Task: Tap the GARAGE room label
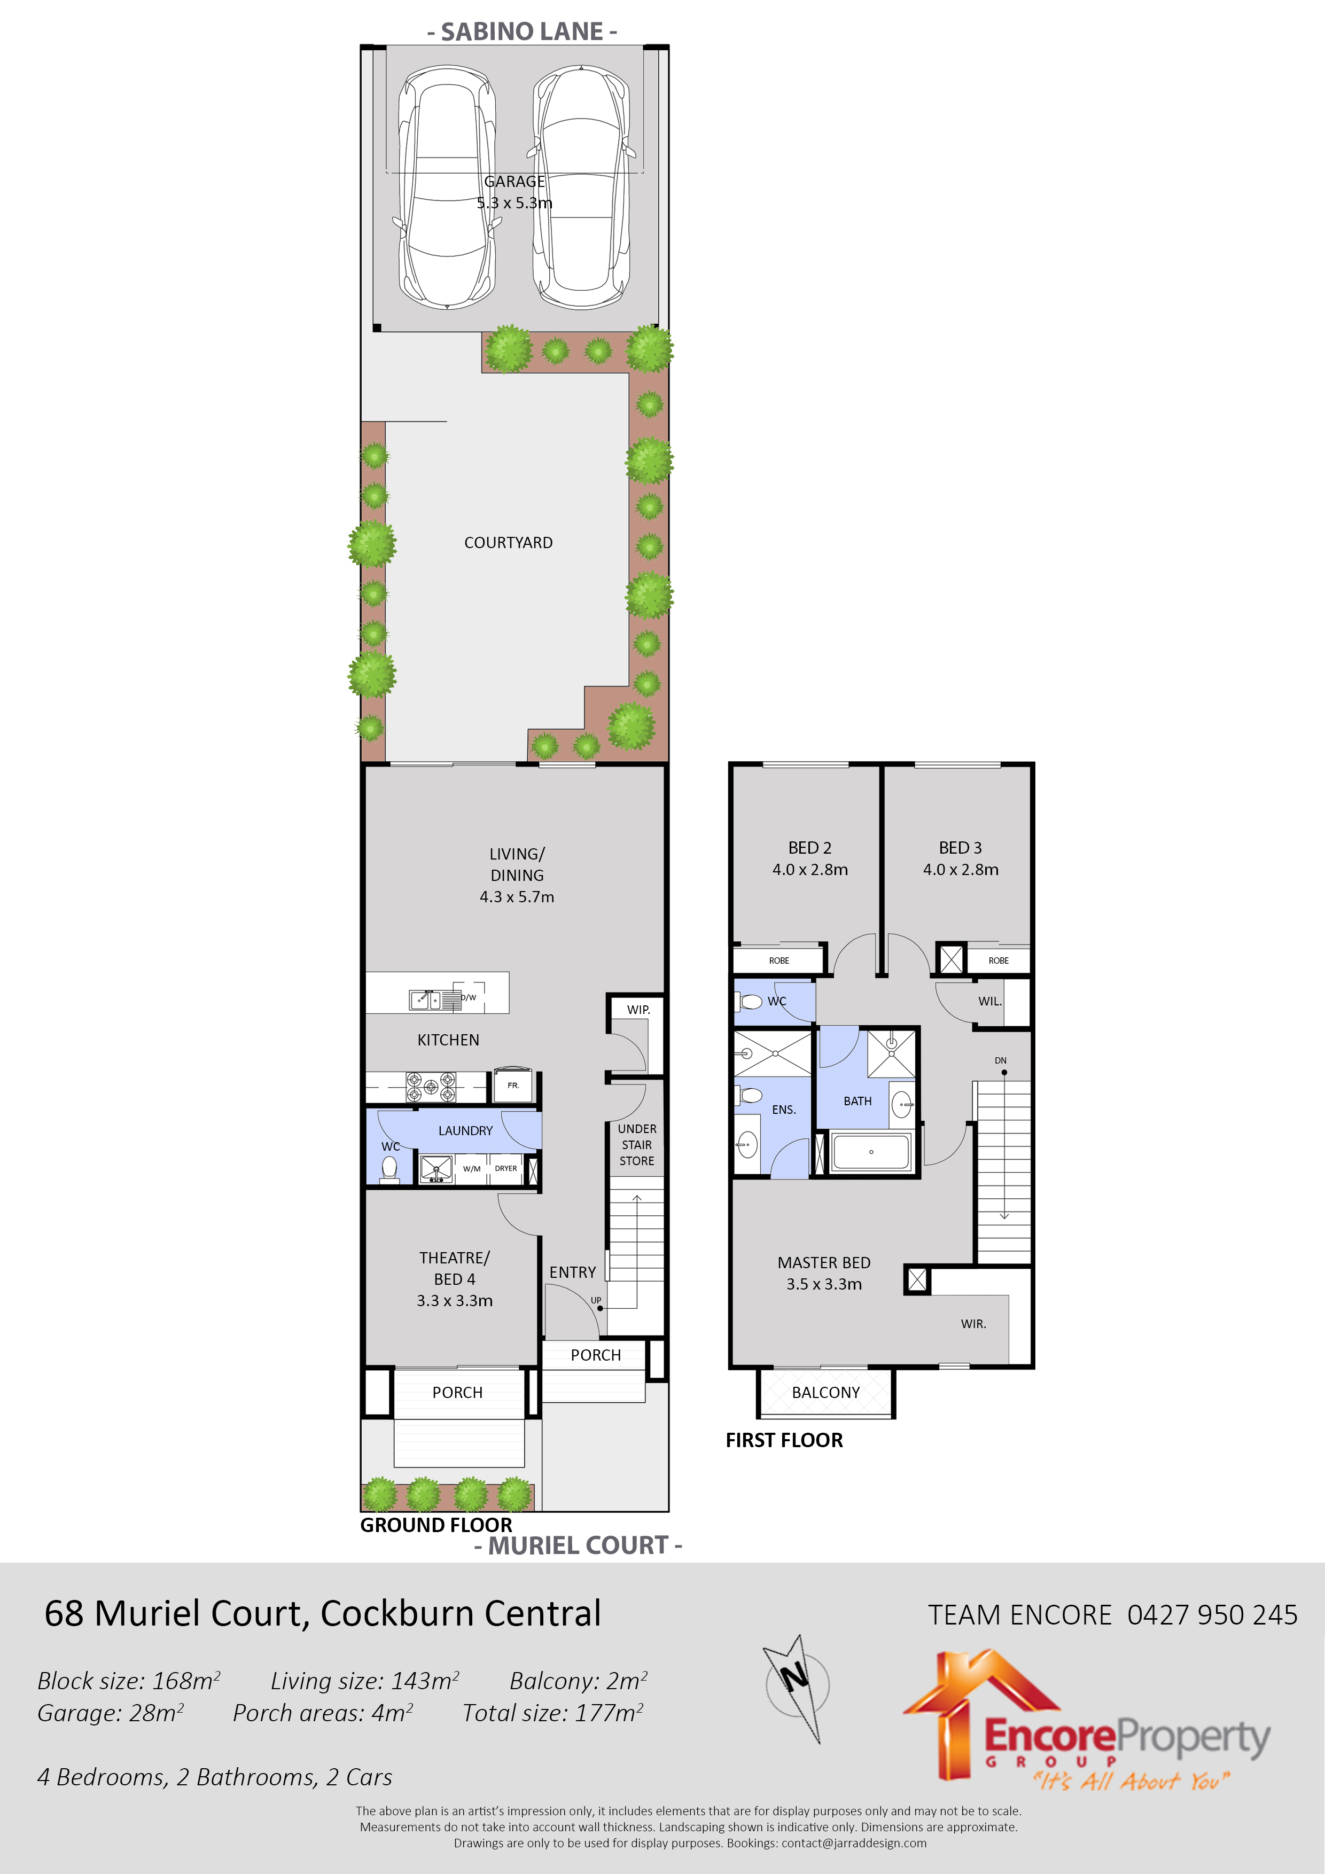click(515, 181)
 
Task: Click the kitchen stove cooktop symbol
click(431, 1087)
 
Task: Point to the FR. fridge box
click(513, 1086)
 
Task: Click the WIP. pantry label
click(638, 1010)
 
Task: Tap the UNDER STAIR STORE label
click(637, 1144)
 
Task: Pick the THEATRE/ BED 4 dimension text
click(455, 1301)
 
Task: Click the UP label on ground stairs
click(596, 1300)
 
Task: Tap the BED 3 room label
click(960, 848)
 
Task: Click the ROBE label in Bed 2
click(779, 961)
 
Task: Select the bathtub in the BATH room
click(870, 1152)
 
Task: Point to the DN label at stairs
click(1000, 1060)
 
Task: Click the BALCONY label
click(825, 1393)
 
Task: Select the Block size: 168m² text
click(129, 1681)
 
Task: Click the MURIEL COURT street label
click(578, 1545)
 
